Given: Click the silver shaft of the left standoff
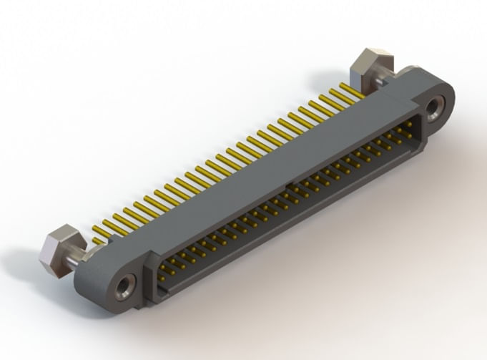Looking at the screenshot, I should coord(84,252).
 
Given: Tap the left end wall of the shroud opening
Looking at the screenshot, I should coord(154,275).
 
